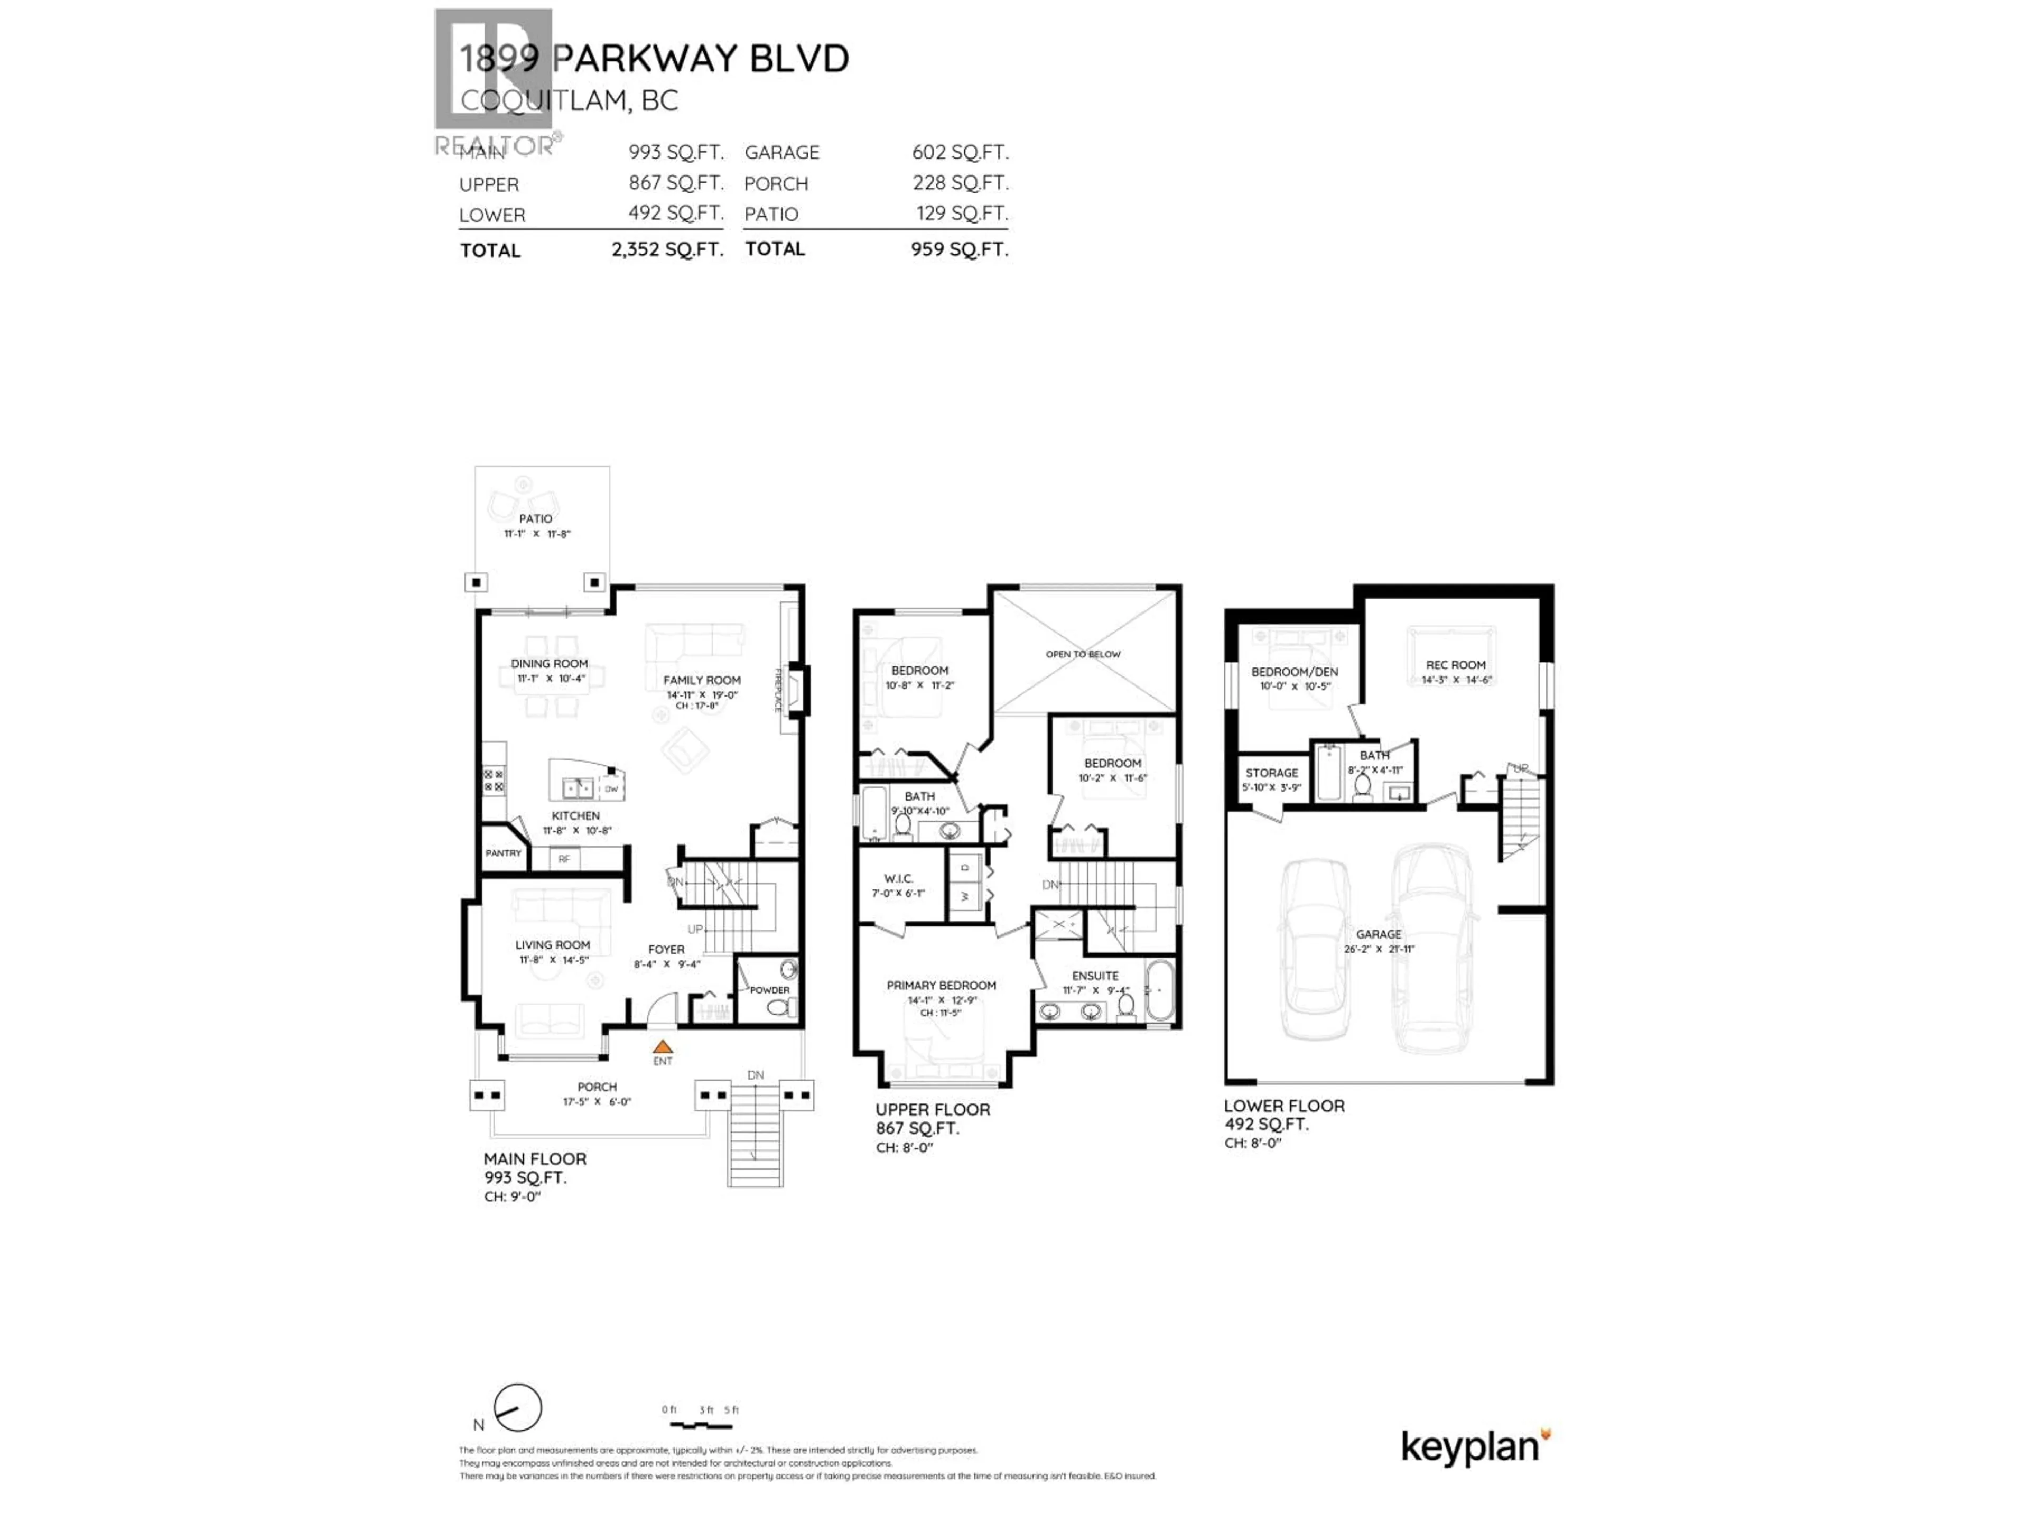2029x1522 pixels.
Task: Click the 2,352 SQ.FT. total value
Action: click(667, 249)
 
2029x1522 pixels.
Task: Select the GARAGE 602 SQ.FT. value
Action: click(960, 152)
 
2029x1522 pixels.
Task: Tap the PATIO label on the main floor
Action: click(536, 518)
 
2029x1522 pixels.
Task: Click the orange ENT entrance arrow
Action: click(662, 1047)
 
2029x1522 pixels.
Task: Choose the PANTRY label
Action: click(502, 853)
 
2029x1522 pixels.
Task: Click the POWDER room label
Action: click(769, 990)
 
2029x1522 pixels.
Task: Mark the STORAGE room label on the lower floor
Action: click(1271, 773)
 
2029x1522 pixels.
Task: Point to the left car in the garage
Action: click(1315, 950)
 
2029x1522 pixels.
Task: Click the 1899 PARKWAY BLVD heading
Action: click(653, 59)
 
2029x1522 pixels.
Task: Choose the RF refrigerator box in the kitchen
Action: click(564, 859)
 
